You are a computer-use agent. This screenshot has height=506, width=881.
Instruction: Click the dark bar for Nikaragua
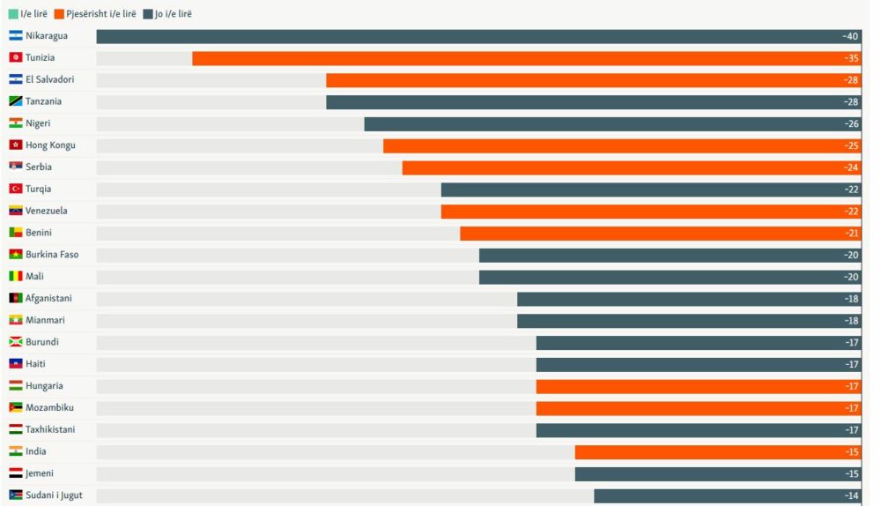(x=476, y=37)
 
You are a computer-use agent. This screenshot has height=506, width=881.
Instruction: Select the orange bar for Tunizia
(x=524, y=58)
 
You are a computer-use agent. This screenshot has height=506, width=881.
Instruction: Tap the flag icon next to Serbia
(x=16, y=167)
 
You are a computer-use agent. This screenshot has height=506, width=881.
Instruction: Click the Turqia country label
(x=38, y=189)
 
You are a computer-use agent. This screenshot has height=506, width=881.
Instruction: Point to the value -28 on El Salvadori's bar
(x=850, y=80)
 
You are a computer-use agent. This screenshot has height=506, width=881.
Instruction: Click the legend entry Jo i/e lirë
(x=173, y=14)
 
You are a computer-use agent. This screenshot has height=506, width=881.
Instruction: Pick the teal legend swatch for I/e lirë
(x=12, y=14)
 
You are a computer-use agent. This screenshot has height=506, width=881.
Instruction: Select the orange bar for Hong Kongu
(x=620, y=145)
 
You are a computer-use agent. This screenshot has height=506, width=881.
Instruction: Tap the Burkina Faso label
(x=52, y=255)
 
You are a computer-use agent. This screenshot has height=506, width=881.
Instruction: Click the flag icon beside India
(x=16, y=451)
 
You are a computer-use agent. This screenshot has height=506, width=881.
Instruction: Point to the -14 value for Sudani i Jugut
(x=850, y=495)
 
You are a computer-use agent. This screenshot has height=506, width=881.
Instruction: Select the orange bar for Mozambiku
(x=696, y=408)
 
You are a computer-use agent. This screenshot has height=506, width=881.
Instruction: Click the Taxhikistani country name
(x=50, y=429)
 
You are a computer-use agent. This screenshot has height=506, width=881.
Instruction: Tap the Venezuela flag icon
(x=16, y=211)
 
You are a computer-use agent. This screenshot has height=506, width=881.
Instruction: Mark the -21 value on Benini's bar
(x=850, y=233)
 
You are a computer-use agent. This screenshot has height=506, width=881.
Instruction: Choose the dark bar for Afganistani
(x=687, y=299)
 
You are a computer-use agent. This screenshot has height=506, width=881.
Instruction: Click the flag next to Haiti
(x=16, y=364)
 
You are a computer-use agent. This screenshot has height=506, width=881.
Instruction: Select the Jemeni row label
(x=40, y=473)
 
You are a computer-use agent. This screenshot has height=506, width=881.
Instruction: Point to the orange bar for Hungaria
(x=696, y=386)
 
